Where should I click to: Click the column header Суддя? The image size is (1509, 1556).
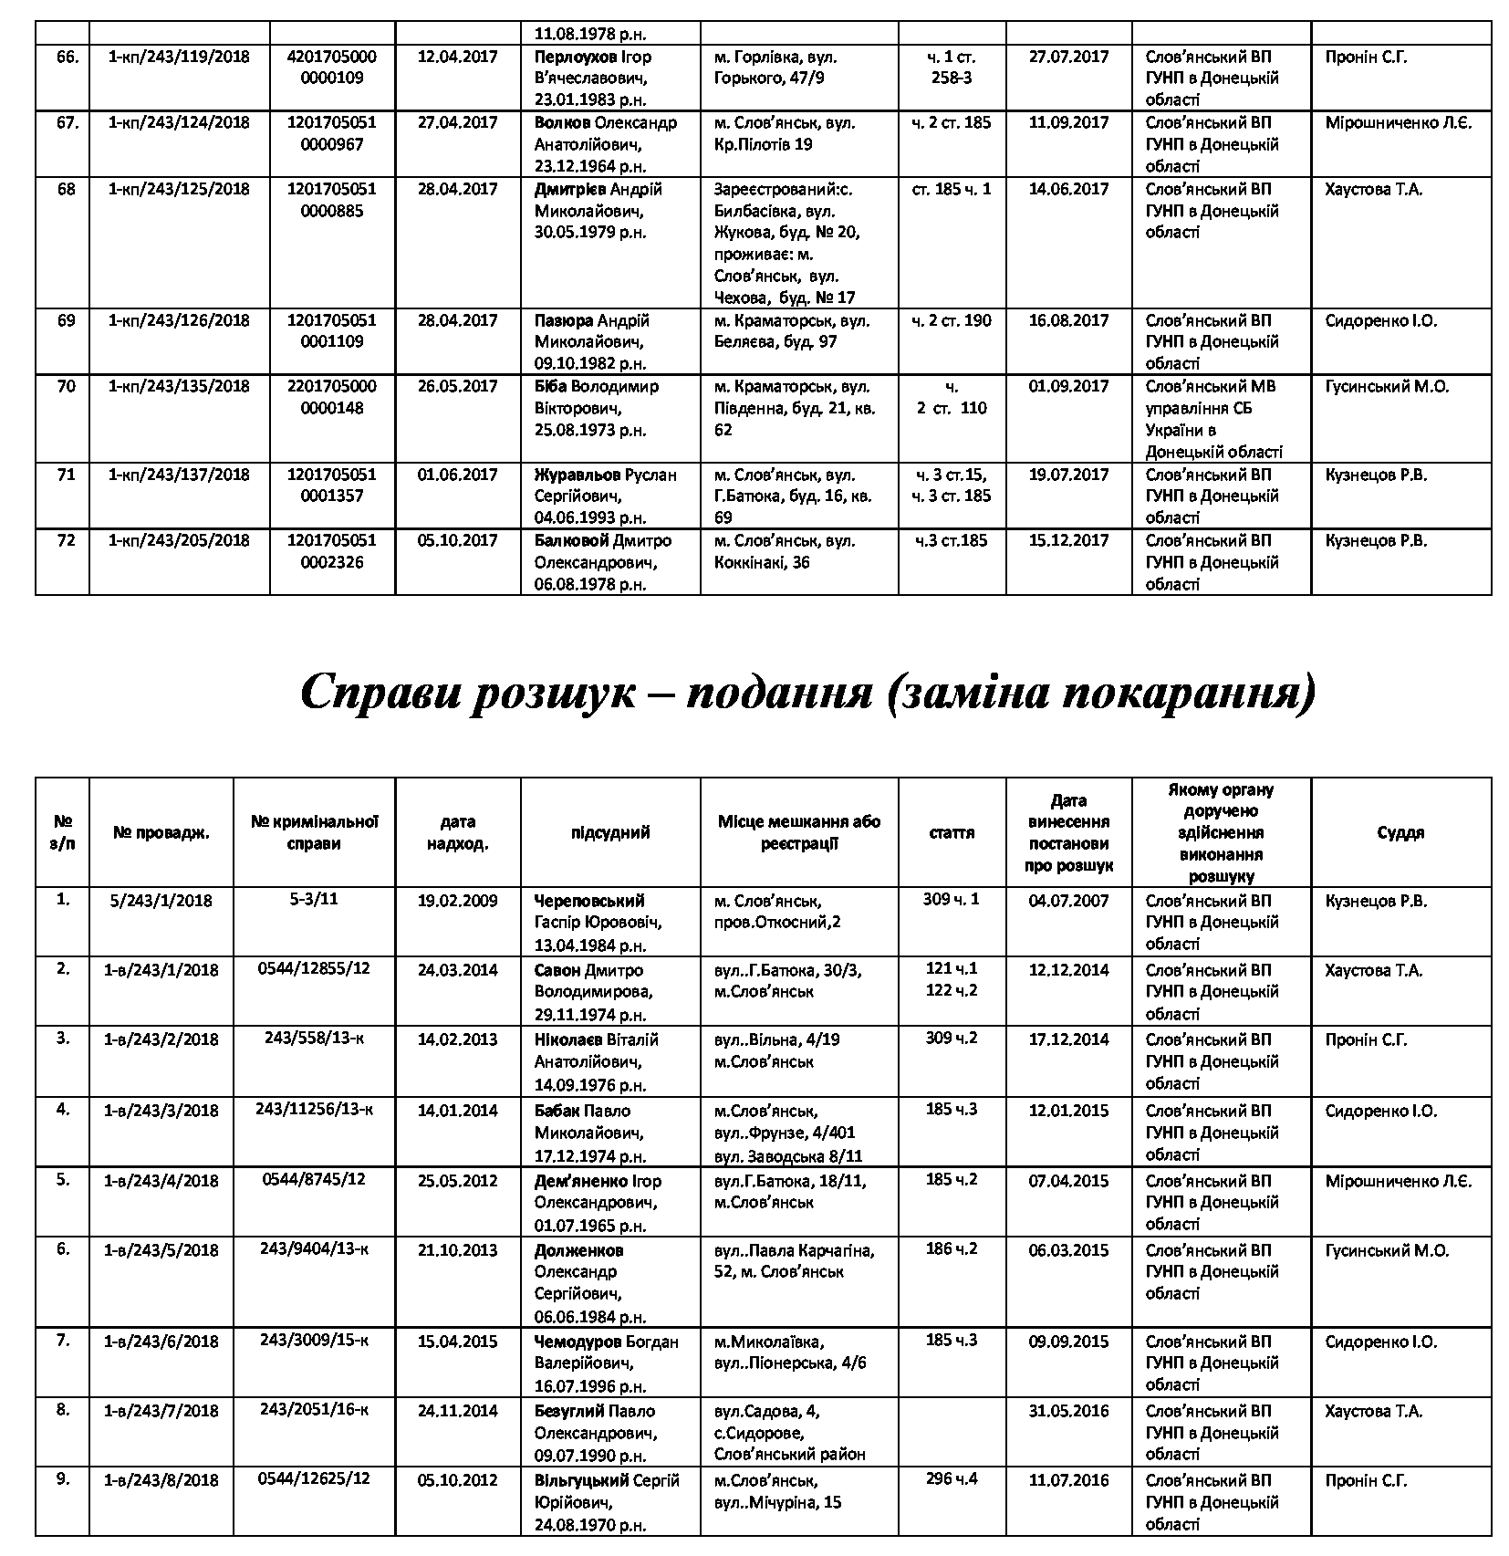(1400, 832)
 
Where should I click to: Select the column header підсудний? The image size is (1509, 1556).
(609, 832)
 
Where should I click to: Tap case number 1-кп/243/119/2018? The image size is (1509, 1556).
(179, 57)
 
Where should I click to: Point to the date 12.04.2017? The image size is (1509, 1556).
(457, 57)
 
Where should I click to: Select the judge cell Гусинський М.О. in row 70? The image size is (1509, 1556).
(1386, 386)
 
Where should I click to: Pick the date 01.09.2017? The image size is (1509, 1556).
(1068, 386)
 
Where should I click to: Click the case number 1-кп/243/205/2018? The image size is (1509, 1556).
(179, 540)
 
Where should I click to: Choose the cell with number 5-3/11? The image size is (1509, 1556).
(314, 899)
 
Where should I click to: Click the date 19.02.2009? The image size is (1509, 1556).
(457, 901)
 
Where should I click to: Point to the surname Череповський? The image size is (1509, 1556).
(589, 901)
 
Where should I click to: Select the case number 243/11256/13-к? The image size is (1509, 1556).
(314, 1110)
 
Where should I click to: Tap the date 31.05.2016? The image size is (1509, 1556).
(1068, 1411)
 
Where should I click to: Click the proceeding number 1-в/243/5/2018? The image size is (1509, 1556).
(161, 1250)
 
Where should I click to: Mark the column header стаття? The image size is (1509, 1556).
(952, 832)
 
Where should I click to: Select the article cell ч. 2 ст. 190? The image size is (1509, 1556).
(952, 320)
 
